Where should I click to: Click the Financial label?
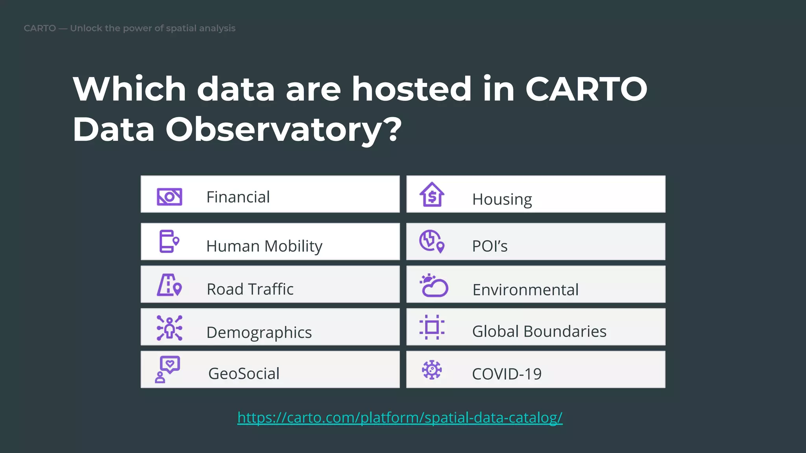pyautogui.click(x=238, y=197)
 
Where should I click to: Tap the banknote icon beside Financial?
pyautogui.click(x=169, y=197)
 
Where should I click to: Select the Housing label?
pyautogui.click(x=502, y=199)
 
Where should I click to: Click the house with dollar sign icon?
pyautogui.click(x=432, y=195)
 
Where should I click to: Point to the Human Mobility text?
pyautogui.click(x=264, y=246)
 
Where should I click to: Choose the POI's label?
pyautogui.click(x=490, y=246)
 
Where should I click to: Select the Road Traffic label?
pyautogui.click(x=250, y=289)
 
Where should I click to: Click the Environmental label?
pyautogui.click(x=525, y=290)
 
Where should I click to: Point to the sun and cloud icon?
pyautogui.click(x=434, y=285)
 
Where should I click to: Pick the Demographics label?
pyautogui.click(x=259, y=332)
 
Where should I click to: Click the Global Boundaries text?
pyautogui.click(x=539, y=331)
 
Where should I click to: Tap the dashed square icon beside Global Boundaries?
pyautogui.click(x=432, y=327)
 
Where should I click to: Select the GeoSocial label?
pyautogui.click(x=244, y=374)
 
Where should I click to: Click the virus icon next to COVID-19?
pyautogui.click(x=432, y=370)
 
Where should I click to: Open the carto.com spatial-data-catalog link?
pyautogui.click(x=400, y=417)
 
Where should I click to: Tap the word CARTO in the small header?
pyautogui.click(x=40, y=28)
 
